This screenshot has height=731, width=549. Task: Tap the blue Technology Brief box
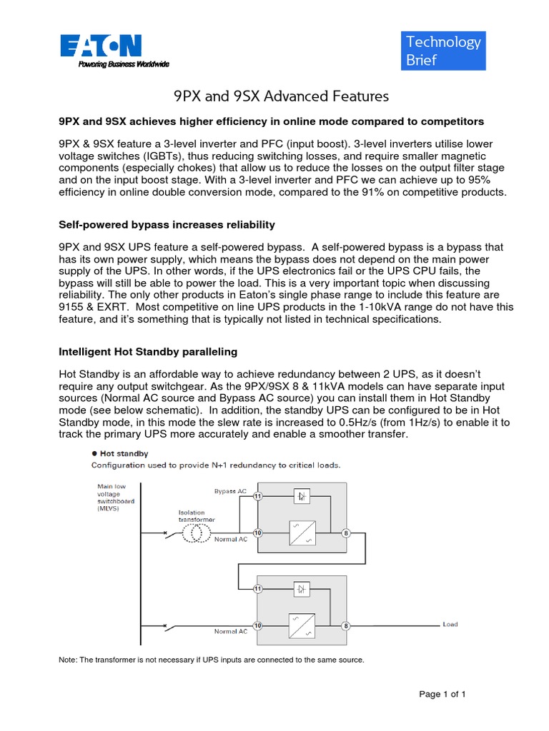point(444,51)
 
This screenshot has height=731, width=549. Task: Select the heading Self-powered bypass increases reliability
point(166,225)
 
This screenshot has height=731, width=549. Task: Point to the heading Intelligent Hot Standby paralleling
point(147,352)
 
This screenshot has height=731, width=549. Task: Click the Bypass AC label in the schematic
point(230,492)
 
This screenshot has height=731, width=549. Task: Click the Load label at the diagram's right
point(450,625)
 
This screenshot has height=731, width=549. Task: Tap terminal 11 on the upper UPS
point(257,495)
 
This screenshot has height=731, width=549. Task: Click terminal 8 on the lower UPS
point(346,626)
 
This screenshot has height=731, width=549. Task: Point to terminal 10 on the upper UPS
point(257,533)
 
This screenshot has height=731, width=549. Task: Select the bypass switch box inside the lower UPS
point(301,589)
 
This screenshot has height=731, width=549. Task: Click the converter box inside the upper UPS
point(301,533)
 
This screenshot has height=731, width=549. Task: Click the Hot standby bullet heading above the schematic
point(120,453)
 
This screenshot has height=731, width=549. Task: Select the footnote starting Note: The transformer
point(211,660)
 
